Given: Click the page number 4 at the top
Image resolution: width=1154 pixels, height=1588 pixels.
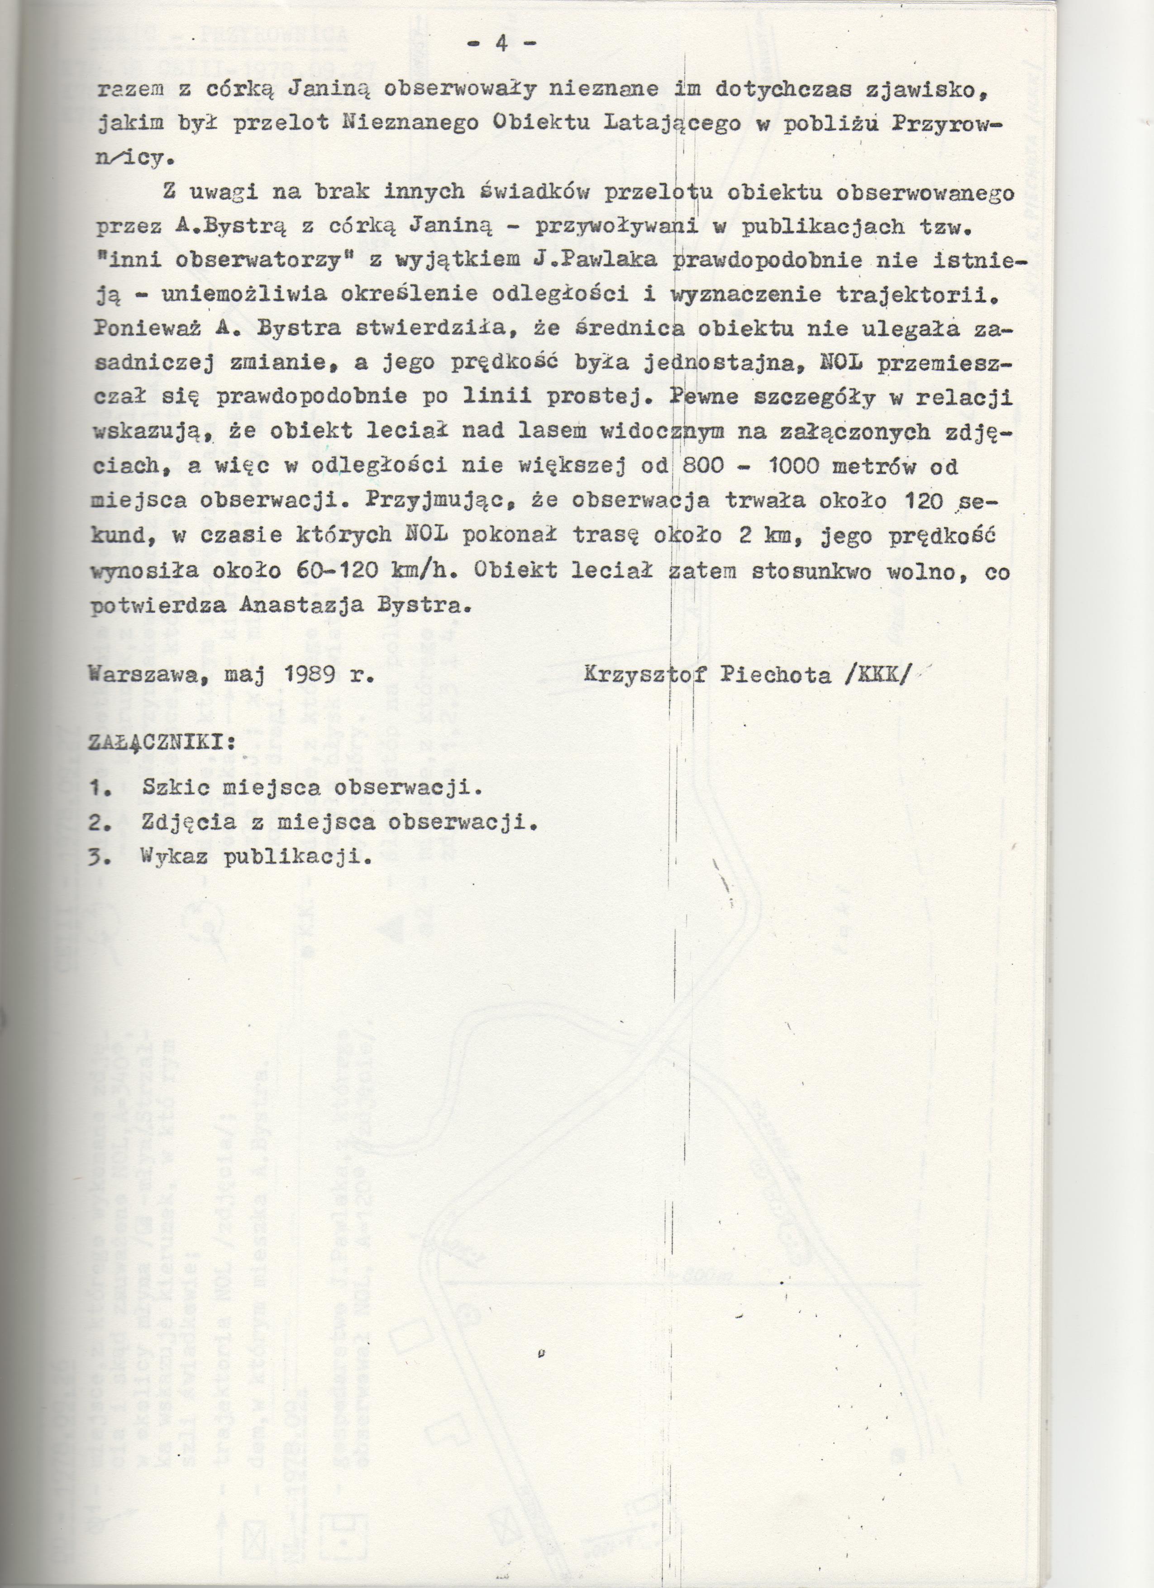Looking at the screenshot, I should (x=501, y=43).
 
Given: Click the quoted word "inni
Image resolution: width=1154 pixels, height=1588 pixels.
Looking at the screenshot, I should (x=126, y=262).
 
